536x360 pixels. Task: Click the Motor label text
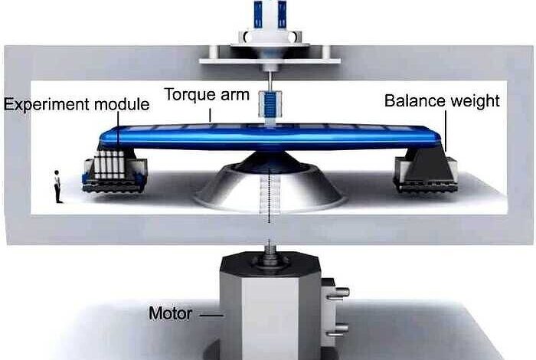click(x=170, y=313)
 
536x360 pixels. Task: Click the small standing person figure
click(x=57, y=186)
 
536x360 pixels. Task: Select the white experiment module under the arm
click(x=108, y=165)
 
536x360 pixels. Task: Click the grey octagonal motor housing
click(x=268, y=306)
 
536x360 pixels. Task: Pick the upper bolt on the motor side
click(x=339, y=291)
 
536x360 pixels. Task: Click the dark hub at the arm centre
click(x=267, y=160)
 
